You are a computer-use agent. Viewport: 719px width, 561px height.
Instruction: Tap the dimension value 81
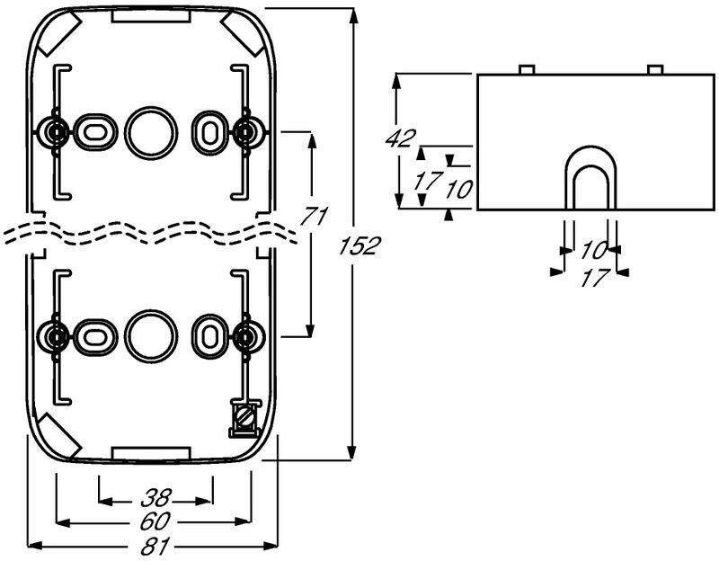point(154,545)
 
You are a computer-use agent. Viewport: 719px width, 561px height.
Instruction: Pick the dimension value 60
point(154,521)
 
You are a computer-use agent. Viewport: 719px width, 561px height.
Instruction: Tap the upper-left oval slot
point(93,131)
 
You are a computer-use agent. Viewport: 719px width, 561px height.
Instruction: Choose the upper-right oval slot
point(209,131)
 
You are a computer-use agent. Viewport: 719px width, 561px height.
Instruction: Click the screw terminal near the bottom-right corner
point(244,416)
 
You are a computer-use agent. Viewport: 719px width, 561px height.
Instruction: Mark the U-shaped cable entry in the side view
point(591,179)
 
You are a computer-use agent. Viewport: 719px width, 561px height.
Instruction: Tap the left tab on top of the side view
point(527,69)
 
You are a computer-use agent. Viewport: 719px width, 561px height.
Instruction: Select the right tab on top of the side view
point(655,69)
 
